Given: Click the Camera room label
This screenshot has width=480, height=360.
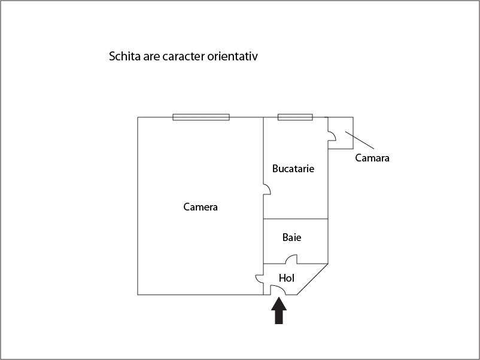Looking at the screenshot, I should (200, 208).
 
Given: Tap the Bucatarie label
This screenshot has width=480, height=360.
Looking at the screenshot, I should (293, 169).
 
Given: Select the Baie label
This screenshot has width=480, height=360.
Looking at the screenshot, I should (292, 237).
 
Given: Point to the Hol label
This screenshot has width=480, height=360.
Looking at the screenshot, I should (287, 278).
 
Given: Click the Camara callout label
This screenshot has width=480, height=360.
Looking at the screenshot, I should (372, 158).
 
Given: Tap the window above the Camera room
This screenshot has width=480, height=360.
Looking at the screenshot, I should (201, 117).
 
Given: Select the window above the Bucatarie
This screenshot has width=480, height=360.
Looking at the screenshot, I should (294, 117).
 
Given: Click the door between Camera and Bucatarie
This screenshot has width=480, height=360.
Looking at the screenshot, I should (267, 190).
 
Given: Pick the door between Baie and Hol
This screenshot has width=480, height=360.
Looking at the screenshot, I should (291, 260).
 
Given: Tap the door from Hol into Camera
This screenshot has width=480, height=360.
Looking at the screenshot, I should (260, 279).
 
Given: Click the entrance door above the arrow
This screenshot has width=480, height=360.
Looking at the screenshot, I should (278, 290).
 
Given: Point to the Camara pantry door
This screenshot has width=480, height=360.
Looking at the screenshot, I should (332, 137).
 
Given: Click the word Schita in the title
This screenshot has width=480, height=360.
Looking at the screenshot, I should (124, 57).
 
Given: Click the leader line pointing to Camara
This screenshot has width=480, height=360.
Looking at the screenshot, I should (360, 141).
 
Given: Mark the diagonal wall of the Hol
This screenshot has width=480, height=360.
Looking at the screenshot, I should (312, 279).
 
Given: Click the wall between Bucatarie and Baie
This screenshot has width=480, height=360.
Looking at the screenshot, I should (296, 219).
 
